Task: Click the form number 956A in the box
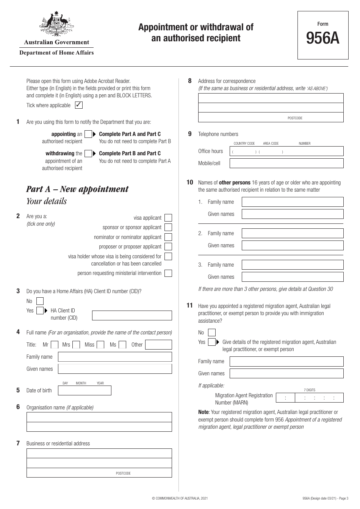(322, 38)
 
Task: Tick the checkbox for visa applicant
(168, 218)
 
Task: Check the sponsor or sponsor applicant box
(168, 227)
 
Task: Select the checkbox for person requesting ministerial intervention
(168, 273)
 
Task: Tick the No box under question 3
(40, 301)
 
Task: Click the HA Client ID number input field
(132, 315)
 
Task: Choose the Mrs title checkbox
(76, 345)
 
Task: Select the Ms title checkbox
(122, 345)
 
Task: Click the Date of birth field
(85, 390)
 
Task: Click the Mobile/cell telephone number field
(286, 163)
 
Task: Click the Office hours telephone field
(286, 151)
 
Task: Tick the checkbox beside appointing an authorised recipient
(88, 134)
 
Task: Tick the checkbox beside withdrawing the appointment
(88, 153)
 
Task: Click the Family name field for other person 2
(292, 233)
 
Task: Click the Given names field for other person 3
(292, 277)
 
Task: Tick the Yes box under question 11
(212, 342)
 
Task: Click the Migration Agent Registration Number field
(310, 398)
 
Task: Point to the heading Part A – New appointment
(77, 189)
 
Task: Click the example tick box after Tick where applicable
(79, 105)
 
